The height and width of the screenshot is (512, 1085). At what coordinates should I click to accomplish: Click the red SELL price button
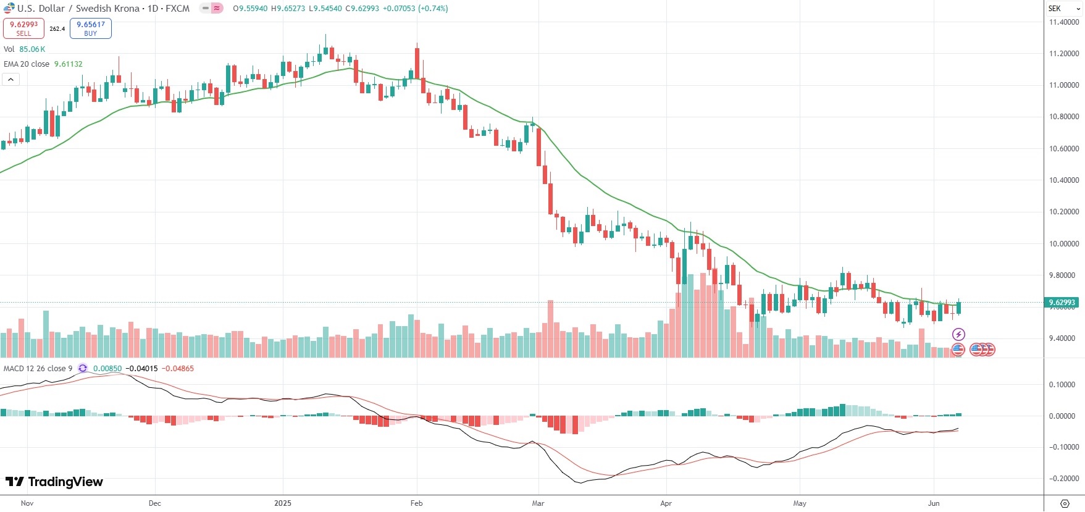click(x=23, y=28)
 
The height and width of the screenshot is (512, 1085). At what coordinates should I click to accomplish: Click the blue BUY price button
click(x=90, y=28)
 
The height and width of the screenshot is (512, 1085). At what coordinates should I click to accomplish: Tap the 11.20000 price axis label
click(x=1064, y=54)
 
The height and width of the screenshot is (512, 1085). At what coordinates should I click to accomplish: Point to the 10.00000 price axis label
click(x=1064, y=244)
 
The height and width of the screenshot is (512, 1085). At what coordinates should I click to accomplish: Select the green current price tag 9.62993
click(x=1062, y=303)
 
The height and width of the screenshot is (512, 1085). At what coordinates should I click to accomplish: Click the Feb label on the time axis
click(x=417, y=503)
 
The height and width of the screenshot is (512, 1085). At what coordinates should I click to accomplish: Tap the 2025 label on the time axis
click(x=283, y=503)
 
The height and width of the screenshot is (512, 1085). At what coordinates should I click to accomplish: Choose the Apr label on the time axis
click(x=666, y=503)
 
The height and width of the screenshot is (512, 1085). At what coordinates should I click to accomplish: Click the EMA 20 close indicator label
click(x=27, y=64)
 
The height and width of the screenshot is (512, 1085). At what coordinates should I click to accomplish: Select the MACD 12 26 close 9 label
click(x=38, y=369)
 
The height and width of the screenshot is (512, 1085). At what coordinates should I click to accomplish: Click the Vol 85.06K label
click(x=24, y=49)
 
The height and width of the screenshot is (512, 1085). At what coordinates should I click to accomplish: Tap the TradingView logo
click(x=54, y=482)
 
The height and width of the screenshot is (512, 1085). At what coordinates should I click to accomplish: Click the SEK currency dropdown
click(x=1064, y=9)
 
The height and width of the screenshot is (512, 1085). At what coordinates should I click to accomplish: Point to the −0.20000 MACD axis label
click(x=1063, y=479)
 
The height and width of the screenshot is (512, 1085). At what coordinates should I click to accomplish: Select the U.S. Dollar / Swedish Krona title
click(x=78, y=9)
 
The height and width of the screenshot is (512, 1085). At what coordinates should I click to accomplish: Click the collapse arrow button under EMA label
click(x=11, y=79)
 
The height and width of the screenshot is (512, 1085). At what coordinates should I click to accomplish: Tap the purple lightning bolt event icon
click(x=958, y=335)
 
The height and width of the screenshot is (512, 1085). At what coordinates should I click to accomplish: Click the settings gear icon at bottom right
click(x=1065, y=503)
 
